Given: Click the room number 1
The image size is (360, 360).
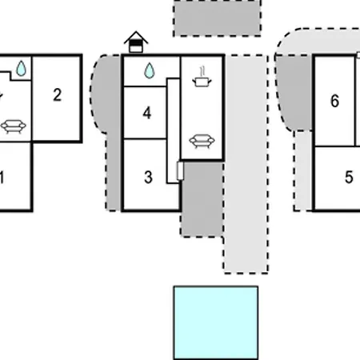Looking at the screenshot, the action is [x=2, y=178].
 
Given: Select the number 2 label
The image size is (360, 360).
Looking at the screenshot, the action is [x=58, y=95].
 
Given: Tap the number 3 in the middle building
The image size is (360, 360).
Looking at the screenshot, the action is [x=148, y=177].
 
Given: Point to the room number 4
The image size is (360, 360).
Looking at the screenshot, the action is [x=147, y=113].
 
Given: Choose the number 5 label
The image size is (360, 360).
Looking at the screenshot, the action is [x=349, y=177].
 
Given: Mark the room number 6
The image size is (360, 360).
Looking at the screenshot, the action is [x=335, y=101].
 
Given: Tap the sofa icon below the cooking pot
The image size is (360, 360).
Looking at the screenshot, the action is [x=202, y=141].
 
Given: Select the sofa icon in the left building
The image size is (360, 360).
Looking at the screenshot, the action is [x=14, y=126].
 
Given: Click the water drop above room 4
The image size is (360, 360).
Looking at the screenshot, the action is [x=150, y=70].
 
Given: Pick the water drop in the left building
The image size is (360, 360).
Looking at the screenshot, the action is [x=21, y=69].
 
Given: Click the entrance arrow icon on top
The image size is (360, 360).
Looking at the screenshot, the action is [x=136, y=42].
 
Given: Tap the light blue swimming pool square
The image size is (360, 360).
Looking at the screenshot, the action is [x=216, y=323].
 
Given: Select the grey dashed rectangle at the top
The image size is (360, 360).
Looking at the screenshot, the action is [x=217, y=18].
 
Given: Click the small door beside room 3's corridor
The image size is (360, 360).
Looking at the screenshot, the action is [x=180, y=170].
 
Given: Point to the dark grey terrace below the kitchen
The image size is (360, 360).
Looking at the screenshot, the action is [x=202, y=199].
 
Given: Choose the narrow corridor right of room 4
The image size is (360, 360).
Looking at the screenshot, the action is [x=174, y=130].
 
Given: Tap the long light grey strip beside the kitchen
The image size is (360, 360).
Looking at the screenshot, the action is [x=246, y=164].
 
